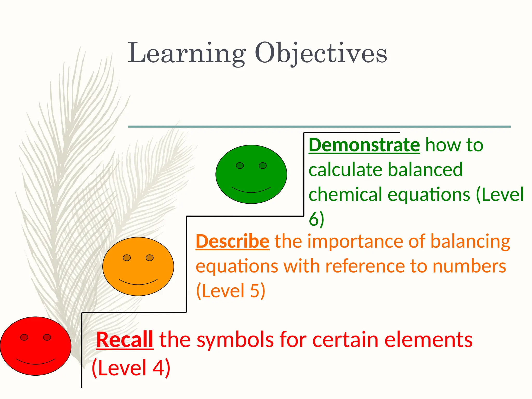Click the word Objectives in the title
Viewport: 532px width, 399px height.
click(x=321, y=53)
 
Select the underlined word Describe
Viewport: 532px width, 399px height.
click(x=232, y=242)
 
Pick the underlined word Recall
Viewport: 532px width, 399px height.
click(x=125, y=340)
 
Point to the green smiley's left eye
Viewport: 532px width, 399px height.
click(x=240, y=165)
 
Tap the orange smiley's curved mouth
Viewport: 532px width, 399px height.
click(x=138, y=283)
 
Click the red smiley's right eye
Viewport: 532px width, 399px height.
click(x=47, y=337)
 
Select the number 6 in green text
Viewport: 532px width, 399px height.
click(x=314, y=219)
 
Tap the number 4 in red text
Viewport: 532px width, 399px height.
click(x=158, y=368)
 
